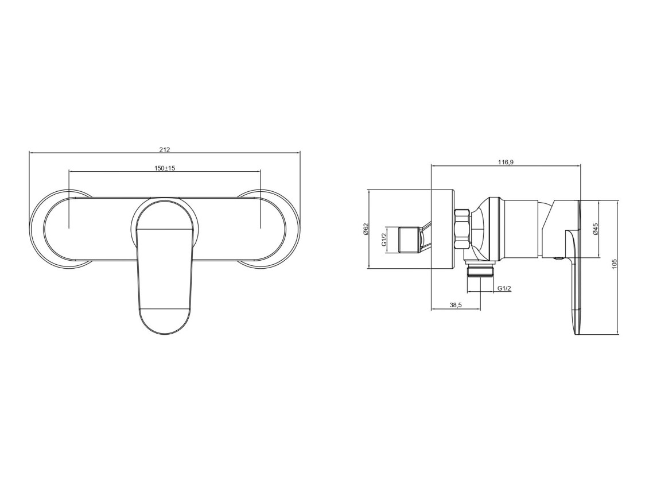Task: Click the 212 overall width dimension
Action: pyautogui.click(x=165, y=149)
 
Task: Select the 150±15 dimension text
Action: pyautogui.click(x=165, y=168)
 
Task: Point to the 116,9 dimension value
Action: pyautogui.click(x=505, y=163)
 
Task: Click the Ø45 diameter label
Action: pyautogui.click(x=595, y=229)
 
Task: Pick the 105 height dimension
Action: pyautogui.click(x=614, y=265)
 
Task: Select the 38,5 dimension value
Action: pyautogui.click(x=455, y=305)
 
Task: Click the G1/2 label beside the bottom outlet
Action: pyautogui.click(x=504, y=288)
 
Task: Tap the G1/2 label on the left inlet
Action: pyautogui.click(x=384, y=239)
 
